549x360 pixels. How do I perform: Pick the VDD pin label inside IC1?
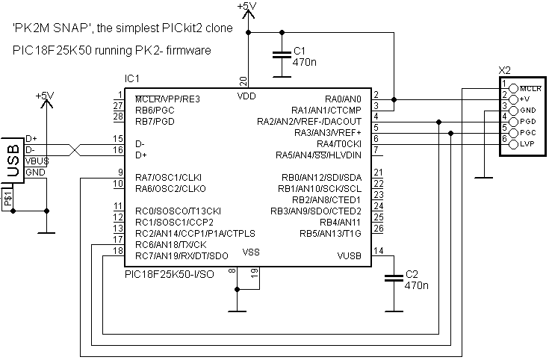[246, 96]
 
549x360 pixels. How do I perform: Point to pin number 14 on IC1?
[378, 251]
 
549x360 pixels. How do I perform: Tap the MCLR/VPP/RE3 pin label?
[167, 99]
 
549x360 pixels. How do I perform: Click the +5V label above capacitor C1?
[246, 7]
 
